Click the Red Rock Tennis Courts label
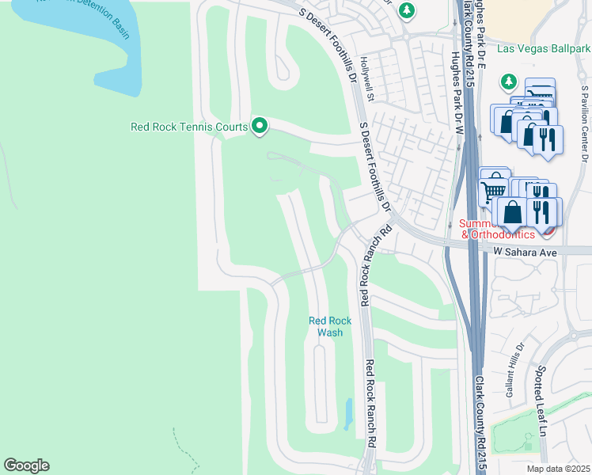(x=188, y=126)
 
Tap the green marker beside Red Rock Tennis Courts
(x=259, y=126)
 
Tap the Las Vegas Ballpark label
(x=544, y=48)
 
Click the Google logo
(x=26, y=465)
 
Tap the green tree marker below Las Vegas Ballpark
(x=508, y=82)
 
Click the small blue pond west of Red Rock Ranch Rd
(x=349, y=412)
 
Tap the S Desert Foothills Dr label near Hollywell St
(x=375, y=166)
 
